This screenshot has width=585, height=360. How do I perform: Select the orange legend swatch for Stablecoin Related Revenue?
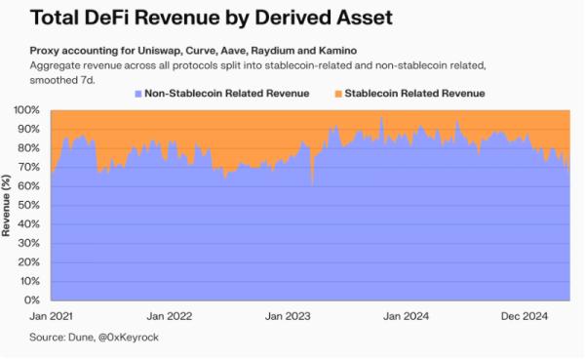pos(337,93)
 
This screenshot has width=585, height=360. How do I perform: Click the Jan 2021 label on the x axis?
pos(50,316)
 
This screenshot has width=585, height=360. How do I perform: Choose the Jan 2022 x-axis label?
pos(169,316)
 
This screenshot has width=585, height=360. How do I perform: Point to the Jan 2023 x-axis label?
pos(289,316)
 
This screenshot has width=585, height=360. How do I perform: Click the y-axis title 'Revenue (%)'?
pos(9,206)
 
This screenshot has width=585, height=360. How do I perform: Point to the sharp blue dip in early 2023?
pos(312,181)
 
